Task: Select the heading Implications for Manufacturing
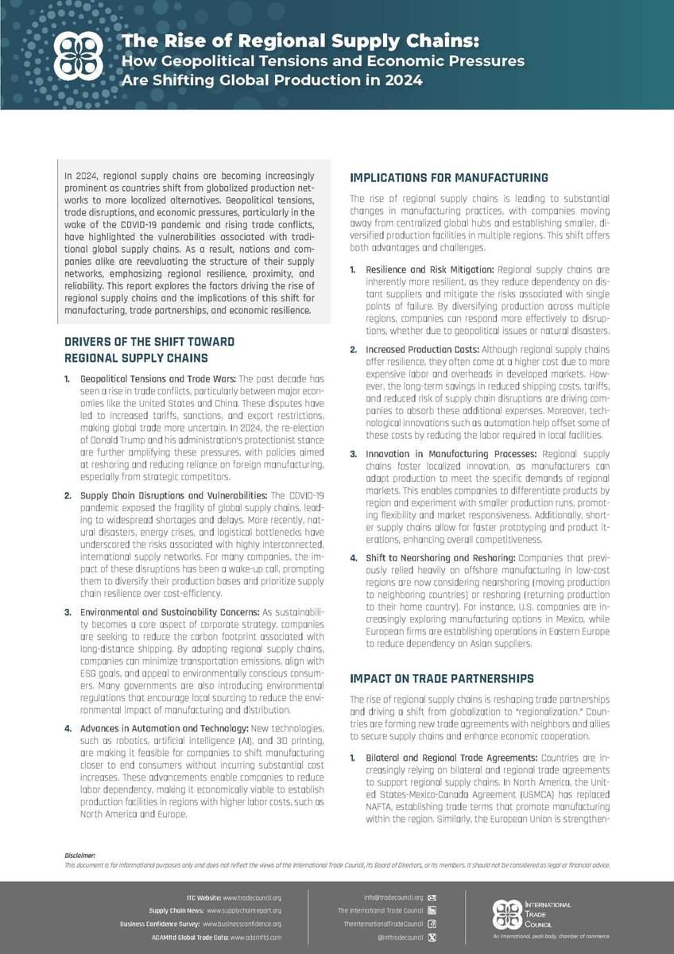tap(449, 177)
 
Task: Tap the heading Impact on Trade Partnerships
tap(442, 679)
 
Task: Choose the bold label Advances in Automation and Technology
tap(165, 729)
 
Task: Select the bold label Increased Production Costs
tap(418, 350)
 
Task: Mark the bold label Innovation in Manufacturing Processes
tap(433, 454)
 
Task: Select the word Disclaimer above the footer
tap(79, 855)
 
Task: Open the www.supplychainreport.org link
tap(245, 910)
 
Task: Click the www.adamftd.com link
tap(256, 938)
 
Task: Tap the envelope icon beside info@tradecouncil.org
tap(432, 898)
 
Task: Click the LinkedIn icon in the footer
tap(432, 910)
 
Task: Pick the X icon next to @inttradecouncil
tap(432, 938)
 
